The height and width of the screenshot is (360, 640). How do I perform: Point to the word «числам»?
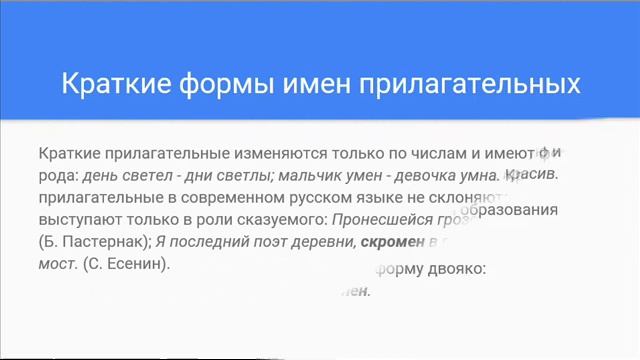[x=437, y=154]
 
